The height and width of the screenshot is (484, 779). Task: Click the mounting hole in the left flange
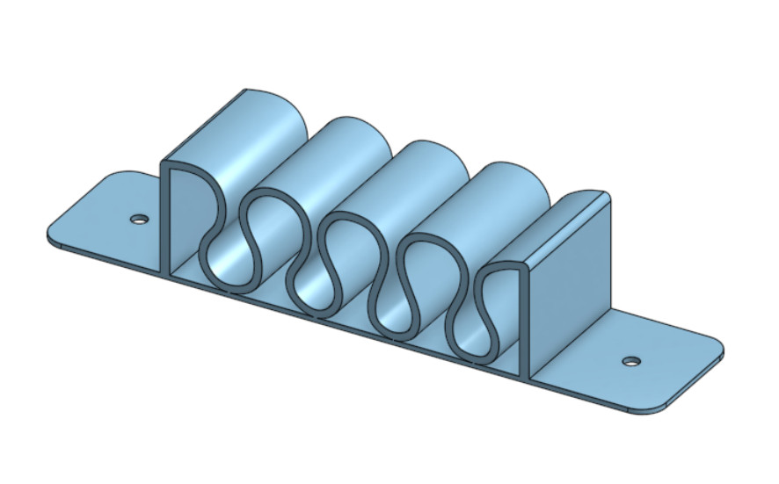click(138, 219)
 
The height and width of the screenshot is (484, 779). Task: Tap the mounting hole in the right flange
click(630, 361)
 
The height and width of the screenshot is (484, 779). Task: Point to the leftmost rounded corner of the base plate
click(51, 235)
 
